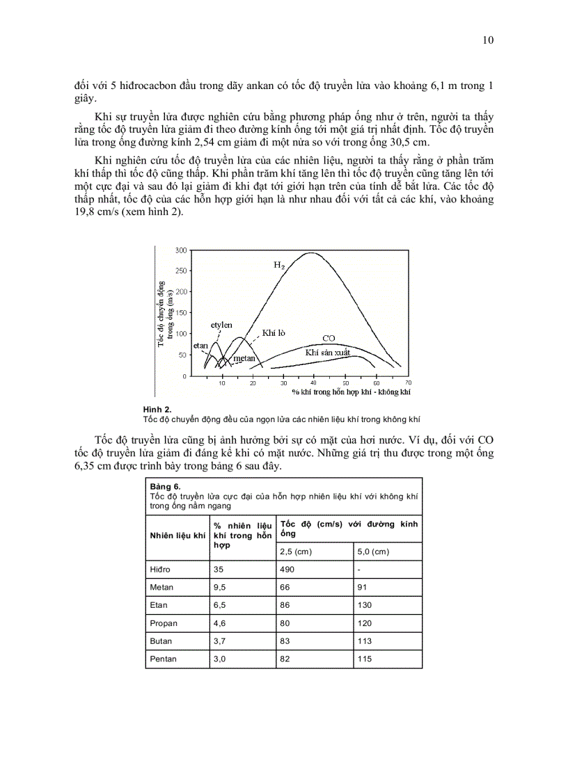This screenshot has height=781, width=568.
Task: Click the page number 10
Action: (488, 40)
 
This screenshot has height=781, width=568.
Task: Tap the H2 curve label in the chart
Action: (278, 265)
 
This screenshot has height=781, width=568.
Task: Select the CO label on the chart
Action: (329, 338)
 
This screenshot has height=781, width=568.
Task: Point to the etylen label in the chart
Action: (221, 325)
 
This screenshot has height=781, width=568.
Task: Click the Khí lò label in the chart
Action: (274, 333)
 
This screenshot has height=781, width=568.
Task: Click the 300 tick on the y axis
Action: (180, 250)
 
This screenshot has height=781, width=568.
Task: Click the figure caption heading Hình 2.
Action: (157, 410)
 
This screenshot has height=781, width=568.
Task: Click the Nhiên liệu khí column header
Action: (177, 535)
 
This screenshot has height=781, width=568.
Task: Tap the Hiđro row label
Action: (161, 570)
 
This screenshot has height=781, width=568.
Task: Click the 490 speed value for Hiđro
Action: (287, 570)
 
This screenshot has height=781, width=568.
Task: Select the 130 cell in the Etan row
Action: (365, 606)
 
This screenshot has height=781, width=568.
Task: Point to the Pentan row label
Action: (164, 659)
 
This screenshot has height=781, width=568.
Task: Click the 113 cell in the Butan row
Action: (364, 641)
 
